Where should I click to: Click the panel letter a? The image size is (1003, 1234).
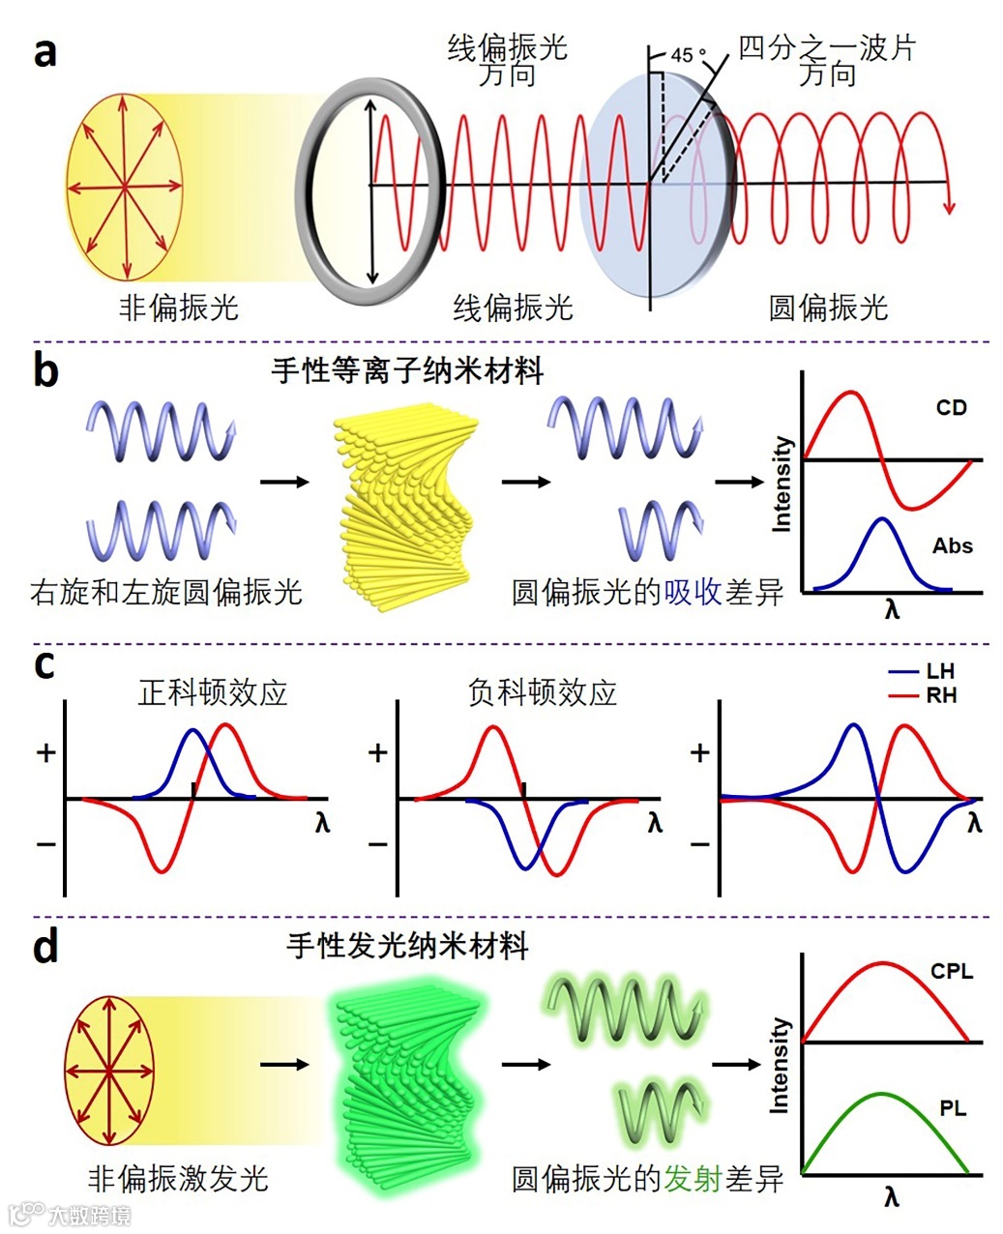(x=44, y=51)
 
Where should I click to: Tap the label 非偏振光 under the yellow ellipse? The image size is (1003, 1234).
(x=178, y=308)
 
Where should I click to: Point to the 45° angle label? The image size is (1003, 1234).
(x=688, y=56)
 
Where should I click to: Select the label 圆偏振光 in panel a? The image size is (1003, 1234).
(x=828, y=308)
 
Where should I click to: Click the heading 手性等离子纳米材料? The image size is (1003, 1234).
(x=407, y=370)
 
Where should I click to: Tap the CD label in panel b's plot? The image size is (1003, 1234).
(x=951, y=408)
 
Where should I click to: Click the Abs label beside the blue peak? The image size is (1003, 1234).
(x=952, y=546)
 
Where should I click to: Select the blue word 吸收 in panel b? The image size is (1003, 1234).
(x=693, y=592)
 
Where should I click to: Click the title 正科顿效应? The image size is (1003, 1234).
(x=213, y=692)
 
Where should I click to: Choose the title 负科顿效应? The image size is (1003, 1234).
(x=542, y=692)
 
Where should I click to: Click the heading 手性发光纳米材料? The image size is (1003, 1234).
(x=407, y=945)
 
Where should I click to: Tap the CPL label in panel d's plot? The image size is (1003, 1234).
(x=952, y=971)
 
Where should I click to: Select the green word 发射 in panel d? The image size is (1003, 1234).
(x=693, y=1178)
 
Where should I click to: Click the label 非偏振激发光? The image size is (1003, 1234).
(x=178, y=1178)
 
